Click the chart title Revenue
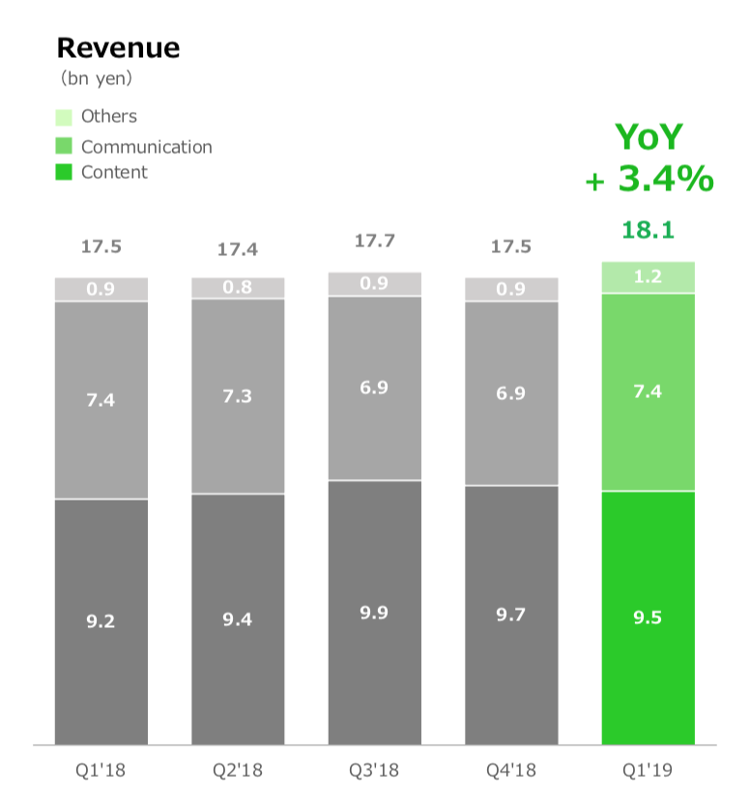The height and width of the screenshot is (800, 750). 118,48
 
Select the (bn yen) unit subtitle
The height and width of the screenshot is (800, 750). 97,78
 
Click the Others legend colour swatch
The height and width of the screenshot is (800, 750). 64,117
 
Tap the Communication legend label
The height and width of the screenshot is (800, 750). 147,147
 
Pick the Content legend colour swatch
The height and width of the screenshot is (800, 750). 64,172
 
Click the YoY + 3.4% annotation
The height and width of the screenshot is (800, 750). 649,157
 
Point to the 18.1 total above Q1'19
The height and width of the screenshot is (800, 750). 648,230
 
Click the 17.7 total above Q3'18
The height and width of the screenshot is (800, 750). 374,241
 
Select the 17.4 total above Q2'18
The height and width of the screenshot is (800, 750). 238,249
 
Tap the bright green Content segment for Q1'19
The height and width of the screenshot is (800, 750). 648,617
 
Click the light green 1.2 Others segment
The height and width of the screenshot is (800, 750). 648,277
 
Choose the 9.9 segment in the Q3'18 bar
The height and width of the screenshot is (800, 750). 374,613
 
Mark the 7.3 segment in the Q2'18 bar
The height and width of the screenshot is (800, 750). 238,396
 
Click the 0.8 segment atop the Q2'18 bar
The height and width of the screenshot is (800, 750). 238,288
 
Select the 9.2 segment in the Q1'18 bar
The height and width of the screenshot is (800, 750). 101,622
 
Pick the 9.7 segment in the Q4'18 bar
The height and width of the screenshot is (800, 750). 511,615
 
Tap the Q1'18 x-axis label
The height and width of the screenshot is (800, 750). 101,770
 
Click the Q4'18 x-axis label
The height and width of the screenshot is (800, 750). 511,770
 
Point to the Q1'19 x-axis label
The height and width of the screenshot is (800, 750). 648,770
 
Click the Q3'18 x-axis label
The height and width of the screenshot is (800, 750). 374,770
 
